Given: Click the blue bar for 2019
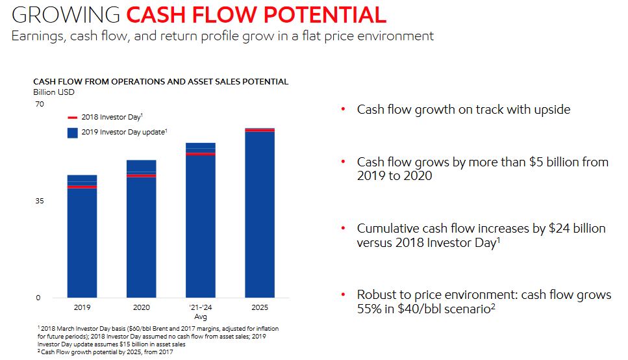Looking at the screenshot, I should [x=82, y=240].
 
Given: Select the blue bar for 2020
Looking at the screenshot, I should [x=141, y=234].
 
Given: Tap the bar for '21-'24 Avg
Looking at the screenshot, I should [x=200, y=224].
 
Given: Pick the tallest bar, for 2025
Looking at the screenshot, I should [x=259, y=214].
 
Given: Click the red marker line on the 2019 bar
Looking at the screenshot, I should [x=82, y=187].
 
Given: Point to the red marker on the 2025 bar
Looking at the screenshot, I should [x=259, y=131].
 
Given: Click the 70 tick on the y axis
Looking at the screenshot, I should [x=39, y=104].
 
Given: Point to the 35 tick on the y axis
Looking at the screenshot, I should [x=39, y=201].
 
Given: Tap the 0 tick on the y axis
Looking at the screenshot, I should [x=37, y=298].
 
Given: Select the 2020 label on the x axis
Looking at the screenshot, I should [x=141, y=307].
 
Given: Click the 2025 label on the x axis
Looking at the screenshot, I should [x=259, y=307].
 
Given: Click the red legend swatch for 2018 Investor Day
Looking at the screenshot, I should [x=73, y=118].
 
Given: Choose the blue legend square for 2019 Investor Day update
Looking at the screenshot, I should [x=73, y=133].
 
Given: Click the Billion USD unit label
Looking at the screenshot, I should [x=53, y=92].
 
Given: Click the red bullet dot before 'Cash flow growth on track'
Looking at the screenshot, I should [x=343, y=110].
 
